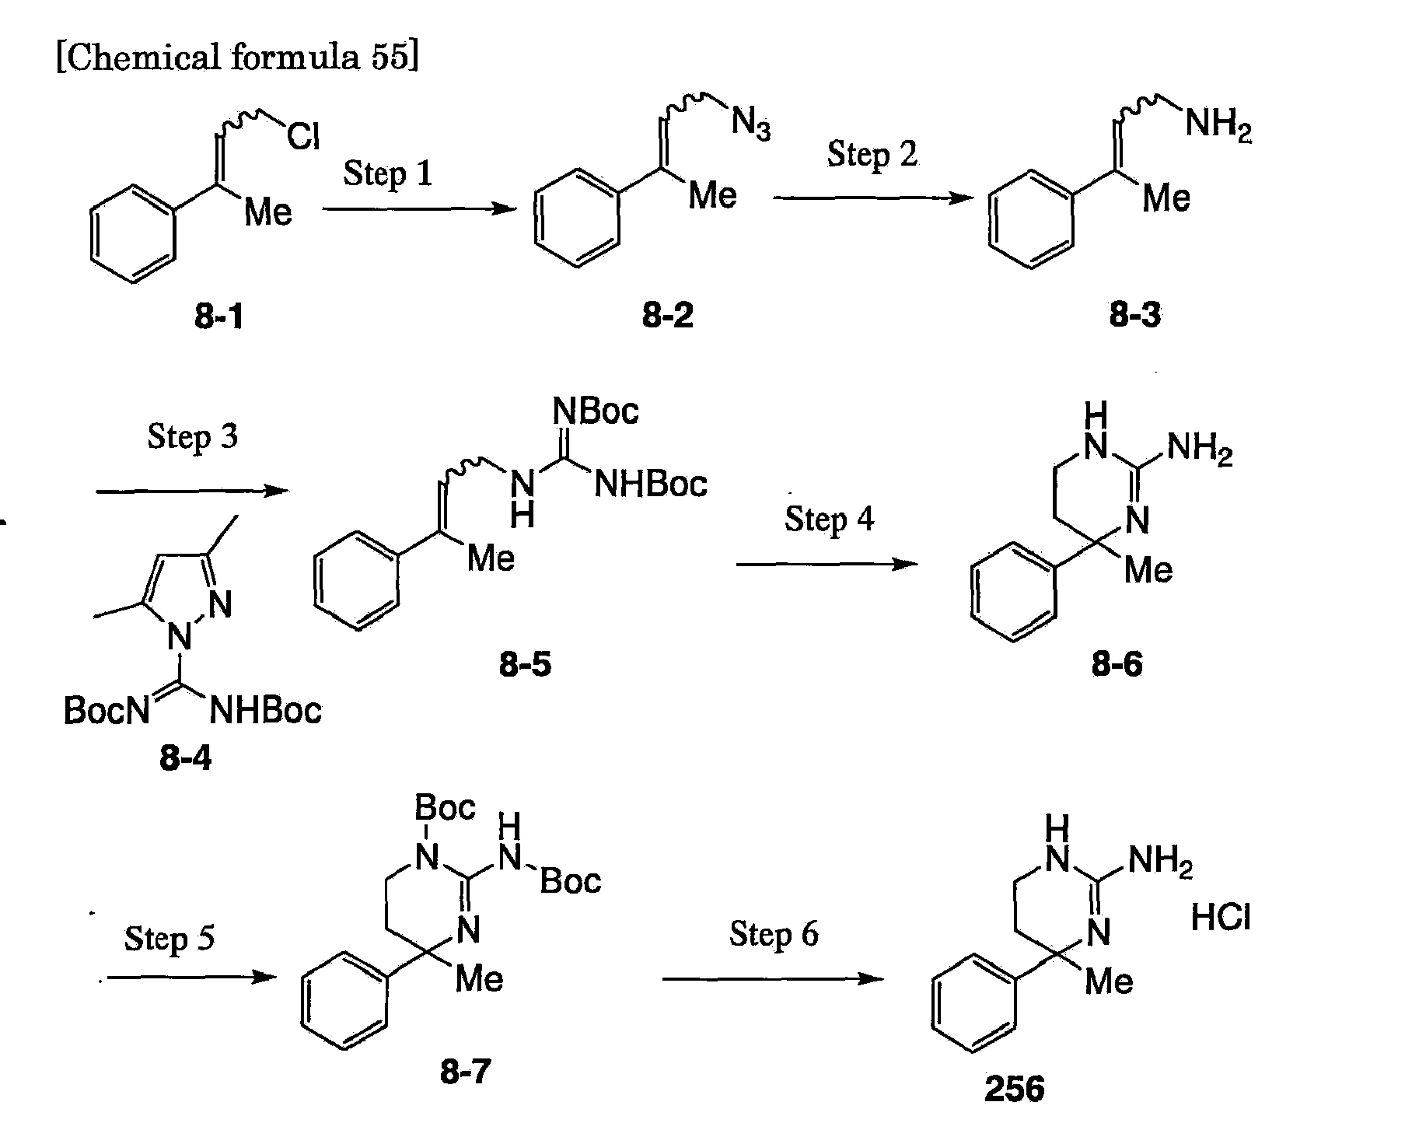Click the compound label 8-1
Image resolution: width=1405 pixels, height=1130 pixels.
click(x=218, y=318)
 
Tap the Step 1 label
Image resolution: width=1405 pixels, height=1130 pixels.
click(x=387, y=173)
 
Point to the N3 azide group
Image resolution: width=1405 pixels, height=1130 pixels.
click(x=751, y=124)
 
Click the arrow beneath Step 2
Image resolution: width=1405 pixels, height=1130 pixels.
click(x=872, y=198)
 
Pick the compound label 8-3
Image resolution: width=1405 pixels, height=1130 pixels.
click(x=1135, y=315)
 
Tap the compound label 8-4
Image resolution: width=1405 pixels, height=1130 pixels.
click(x=185, y=757)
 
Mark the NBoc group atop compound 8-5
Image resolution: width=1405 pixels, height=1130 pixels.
click(x=596, y=410)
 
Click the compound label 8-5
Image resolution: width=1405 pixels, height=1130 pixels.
click(x=526, y=664)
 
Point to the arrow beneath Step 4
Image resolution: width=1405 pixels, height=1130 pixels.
click(x=828, y=564)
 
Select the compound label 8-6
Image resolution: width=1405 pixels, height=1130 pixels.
click(x=1117, y=663)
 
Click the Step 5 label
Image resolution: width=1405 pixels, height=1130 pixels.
click(x=170, y=939)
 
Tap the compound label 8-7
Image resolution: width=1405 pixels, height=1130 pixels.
click(x=466, y=1072)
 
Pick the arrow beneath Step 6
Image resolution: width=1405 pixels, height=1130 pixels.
click(x=774, y=979)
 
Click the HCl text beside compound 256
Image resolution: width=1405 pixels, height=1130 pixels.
click(x=1221, y=918)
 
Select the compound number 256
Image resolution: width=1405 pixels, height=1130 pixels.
click(x=1014, y=1090)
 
